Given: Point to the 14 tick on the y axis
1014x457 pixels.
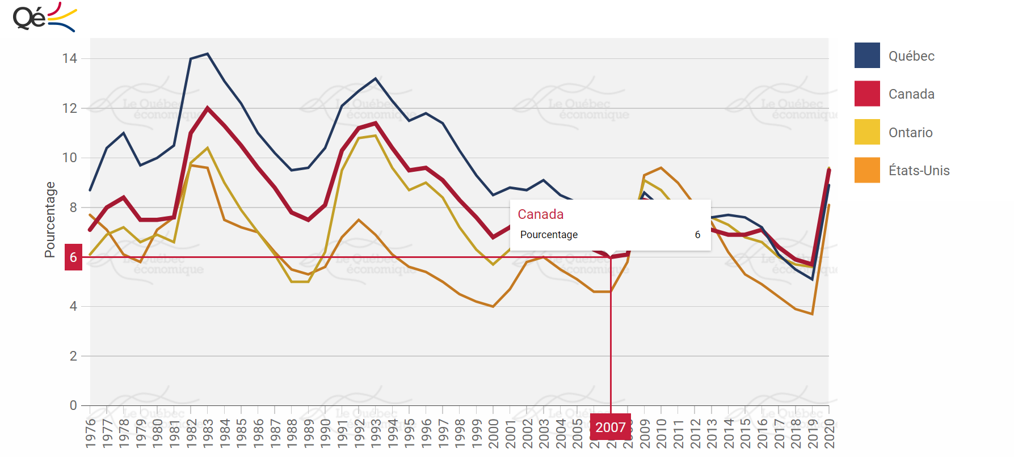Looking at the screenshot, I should [x=70, y=58].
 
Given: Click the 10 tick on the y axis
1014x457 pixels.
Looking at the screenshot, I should [x=70, y=158].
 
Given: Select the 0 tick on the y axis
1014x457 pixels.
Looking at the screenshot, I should [x=73, y=405].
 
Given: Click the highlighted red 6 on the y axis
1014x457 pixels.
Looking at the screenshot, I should [x=73, y=257].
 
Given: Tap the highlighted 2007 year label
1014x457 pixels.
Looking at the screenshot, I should [x=611, y=428].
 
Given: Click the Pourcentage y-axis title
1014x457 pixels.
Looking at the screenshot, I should [x=50, y=219].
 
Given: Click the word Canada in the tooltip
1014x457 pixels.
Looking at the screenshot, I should [x=541, y=214].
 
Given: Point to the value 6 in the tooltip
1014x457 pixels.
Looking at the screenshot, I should [x=697, y=235].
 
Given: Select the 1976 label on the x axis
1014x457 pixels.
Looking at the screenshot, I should [x=90, y=433].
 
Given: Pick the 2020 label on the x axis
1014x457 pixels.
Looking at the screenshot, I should [x=829, y=433].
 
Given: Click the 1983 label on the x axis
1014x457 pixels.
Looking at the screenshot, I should [x=208, y=433].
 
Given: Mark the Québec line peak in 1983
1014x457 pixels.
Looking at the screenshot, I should [x=208, y=54].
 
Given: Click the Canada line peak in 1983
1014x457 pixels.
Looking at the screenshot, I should [x=208, y=108].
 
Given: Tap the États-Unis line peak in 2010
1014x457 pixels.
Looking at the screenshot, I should [x=661, y=168].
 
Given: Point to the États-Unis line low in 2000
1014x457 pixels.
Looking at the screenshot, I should [x=493, y=306].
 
